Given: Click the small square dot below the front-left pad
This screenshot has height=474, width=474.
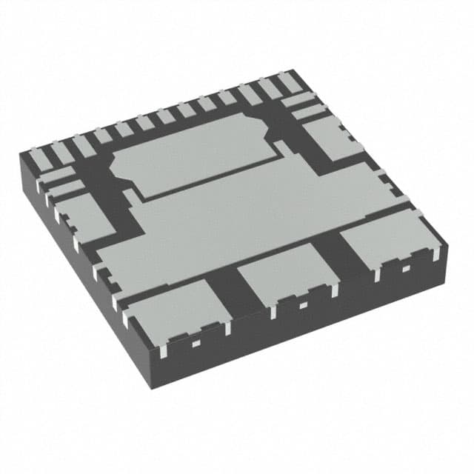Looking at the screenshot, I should click(x=196, y=342).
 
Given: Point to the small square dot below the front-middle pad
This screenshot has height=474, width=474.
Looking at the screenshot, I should click(x=301, y=304).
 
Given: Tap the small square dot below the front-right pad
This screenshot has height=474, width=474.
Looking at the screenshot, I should click(x=404, y=269).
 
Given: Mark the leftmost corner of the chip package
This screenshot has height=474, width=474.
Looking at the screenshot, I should click(x=18, y=153).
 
